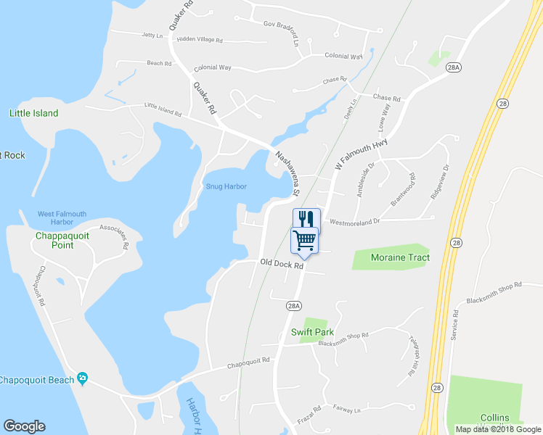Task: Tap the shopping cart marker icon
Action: pos(305,239)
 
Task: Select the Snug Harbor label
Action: pos(226,186)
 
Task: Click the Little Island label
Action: pos(33,113)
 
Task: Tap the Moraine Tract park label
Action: pos(400,257)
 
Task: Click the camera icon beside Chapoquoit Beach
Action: pos(83,378)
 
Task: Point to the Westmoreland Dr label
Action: pos(355,222)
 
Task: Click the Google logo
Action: pos(24,426)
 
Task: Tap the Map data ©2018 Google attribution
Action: pos(495,429)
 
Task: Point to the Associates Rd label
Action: pos(115,236)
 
